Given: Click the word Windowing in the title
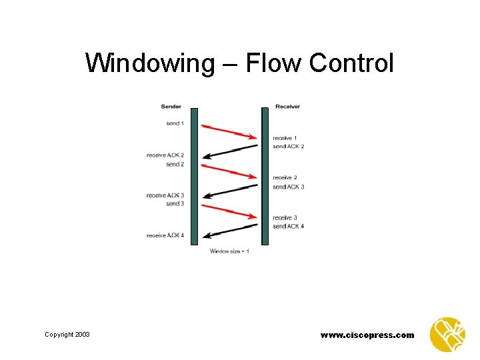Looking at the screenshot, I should [x=147, y=64].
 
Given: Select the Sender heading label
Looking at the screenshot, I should [x=171, y=107].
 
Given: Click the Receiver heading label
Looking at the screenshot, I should [x=287, y=107].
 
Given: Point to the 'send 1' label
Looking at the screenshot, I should [x=174, y=123].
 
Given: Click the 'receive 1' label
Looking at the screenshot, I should [x=285, y=138].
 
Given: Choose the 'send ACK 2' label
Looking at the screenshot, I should [x=288, y=146].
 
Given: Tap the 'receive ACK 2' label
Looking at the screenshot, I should [x=165, y=155].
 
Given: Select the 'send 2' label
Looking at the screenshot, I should [x=174, y=164].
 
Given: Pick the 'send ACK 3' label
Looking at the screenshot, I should [x=288, y=187].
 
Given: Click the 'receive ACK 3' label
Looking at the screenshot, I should [x=165, y=195].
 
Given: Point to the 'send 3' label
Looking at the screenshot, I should [x=174, y=203].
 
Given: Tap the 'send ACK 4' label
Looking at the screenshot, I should [x=288, y=226].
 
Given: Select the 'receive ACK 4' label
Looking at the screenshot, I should [x=165, y=235].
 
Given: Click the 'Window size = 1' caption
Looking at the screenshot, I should [x=229, y=251].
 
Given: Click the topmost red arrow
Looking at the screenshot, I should [x=229, y=131].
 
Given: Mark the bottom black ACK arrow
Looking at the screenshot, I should [x=229, y=230].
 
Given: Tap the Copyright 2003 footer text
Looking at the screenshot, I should [x=67, y=335].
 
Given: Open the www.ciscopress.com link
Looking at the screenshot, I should [x=367, y=335].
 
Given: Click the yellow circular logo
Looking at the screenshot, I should [x=447, y=335].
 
